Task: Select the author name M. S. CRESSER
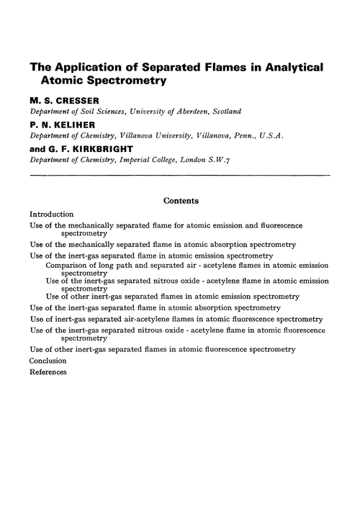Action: [63, 99]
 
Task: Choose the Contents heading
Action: [181, 201]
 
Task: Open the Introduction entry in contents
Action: [52, 215]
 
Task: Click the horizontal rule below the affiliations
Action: [180, 175]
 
